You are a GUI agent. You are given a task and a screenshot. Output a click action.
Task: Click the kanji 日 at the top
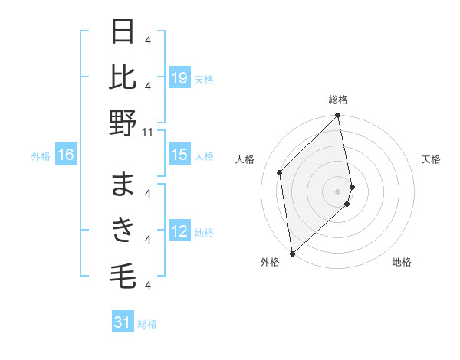(124, 32)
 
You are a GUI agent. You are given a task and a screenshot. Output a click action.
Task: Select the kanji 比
(124, 77)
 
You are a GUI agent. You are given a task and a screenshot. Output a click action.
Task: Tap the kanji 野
(124, 123)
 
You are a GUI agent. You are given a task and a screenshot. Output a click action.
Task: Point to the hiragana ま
(124, 185)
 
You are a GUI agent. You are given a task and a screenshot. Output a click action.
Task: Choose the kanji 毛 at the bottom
(124, 274)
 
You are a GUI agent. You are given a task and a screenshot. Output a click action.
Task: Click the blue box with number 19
(179, 78)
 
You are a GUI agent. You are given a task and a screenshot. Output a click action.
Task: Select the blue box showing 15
(179, 155)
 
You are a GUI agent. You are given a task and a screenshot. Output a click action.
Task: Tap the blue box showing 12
(179, 232)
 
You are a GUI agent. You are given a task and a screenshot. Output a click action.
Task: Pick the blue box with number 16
(66, 155)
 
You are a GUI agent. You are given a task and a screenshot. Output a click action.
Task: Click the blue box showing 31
(123, 322)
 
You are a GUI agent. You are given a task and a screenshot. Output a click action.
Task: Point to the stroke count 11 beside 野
(149, 132)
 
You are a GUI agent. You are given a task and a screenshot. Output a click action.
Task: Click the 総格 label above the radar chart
(338, 100)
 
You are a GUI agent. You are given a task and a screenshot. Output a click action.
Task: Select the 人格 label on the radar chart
(245, 159)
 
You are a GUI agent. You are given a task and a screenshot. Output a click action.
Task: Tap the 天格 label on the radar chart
(431, 159)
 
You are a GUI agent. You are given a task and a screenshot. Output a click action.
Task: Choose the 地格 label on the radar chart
(402, 262)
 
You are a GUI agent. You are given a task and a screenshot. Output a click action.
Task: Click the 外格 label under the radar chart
(270, 262)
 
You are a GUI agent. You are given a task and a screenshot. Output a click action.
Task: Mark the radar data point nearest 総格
(338, 116)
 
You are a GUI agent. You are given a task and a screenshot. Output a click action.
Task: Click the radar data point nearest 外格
(292, 253)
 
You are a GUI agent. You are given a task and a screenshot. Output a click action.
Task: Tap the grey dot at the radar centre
(338, 191)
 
